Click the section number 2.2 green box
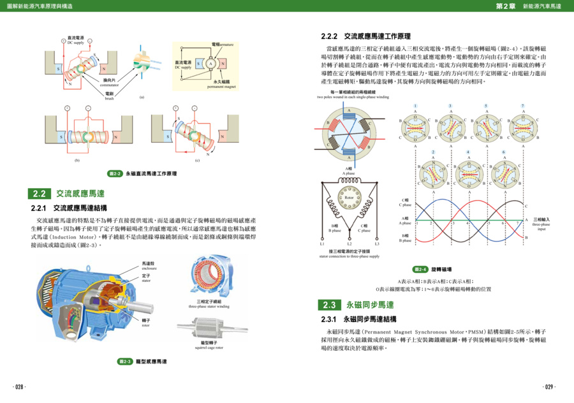pos(40,194)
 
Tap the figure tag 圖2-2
pos(115,173)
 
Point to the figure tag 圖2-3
pos(125,362)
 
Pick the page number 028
pos(19,387)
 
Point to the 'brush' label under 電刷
pos(109,99)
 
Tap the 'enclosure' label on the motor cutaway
pos(149,268)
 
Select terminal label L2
pos(349,244)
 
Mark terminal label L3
pos(377,244)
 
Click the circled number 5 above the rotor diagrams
pos(486,106)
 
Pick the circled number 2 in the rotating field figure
pos(433,152)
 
